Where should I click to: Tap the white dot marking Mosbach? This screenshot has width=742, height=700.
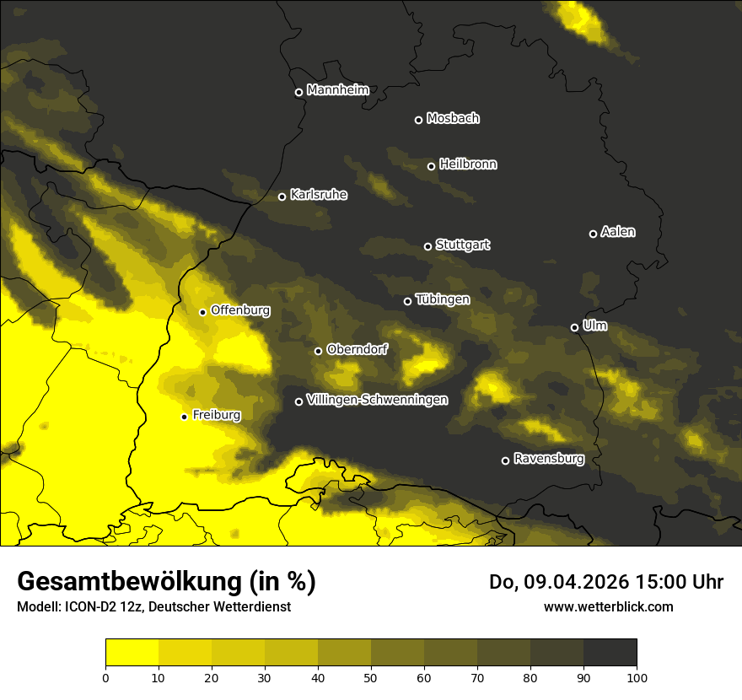(x=418, y=120)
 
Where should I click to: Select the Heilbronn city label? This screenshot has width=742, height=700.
(x=468, y=164)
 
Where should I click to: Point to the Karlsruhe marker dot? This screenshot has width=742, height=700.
(x=282, y=197)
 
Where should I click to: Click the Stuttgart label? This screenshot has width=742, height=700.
(x=462, y=245)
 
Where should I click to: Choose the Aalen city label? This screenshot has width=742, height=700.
(x=618, y=232)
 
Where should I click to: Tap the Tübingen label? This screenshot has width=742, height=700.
(x=443, y=299)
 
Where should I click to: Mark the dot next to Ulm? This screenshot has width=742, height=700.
(x=574, y=327)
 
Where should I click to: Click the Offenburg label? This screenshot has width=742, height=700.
(x=240, y=310)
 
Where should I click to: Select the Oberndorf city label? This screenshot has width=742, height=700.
(x=358, y=349)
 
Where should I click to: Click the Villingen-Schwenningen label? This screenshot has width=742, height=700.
(x=377, y=400)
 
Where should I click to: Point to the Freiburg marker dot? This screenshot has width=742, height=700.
(x=184, y=417)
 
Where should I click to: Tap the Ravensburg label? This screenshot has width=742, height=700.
(x=549, y=459)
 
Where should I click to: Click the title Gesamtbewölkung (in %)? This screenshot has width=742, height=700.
(x=166, y=582)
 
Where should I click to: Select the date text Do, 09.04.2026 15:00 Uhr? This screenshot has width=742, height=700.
(x=606, y=582)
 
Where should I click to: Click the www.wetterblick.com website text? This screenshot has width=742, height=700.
(x=608, y=606)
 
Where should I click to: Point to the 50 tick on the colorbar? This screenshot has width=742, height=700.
(x=371, y=677)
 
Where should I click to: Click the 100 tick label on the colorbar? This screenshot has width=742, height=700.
(x=637, y=677)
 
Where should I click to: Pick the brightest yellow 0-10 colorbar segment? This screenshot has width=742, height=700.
(x=132, y=653)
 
